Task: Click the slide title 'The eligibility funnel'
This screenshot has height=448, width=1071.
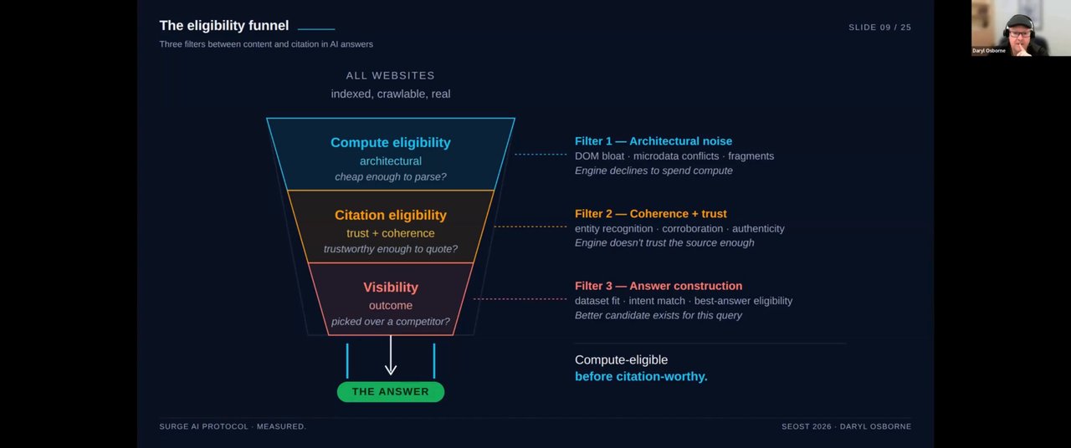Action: pos(223,26)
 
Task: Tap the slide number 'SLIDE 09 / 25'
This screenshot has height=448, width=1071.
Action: pos(879,28)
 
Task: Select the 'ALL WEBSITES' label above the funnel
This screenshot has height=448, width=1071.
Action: pos(390,75)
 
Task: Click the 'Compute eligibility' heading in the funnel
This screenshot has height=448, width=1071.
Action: pos(391,143)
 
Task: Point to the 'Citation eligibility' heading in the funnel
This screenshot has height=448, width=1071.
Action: pos(391,215)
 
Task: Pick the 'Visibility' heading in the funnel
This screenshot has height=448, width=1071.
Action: pos(391,287)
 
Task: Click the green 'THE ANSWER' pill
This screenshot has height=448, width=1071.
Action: pos(391,392)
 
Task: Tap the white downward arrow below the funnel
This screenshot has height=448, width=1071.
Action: pos(391,355)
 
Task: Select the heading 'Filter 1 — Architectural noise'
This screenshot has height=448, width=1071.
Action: pos(653,141)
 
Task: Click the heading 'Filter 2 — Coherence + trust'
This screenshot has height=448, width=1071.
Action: pos(651,214)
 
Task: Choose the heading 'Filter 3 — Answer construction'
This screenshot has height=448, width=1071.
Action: pos(658,286)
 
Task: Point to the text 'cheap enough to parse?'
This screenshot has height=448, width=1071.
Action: pos(391,177)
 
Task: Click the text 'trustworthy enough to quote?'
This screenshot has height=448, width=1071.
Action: pos(391,249)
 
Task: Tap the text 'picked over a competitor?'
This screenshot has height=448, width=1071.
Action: pos(391,322)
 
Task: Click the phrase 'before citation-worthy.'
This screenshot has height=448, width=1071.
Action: pos(641,377)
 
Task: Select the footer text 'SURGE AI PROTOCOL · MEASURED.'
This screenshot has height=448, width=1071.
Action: pos(233,426)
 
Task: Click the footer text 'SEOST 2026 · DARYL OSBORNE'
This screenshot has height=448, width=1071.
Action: pos(846,426)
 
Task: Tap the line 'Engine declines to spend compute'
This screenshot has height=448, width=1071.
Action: pos(653,171)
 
